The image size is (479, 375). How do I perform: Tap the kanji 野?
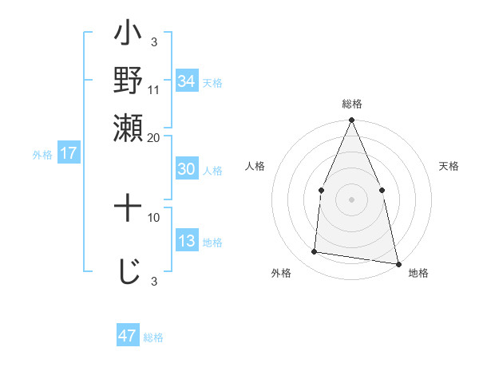(x=129, y=81)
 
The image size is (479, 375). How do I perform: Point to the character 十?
(x=129, y=210)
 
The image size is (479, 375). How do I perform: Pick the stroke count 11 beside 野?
(x=154, y=90)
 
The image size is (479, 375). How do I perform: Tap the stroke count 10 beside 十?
(x=154, y=217)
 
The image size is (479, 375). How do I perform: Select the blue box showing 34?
(x=187, y=81)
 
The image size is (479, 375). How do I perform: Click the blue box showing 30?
(x=187, y=169)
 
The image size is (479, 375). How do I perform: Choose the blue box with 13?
(x=187, y=241)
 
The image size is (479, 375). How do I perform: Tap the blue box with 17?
(x=68, y=153)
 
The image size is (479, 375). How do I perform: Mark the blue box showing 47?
(x=128, y=336)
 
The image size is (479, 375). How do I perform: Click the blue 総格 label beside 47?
(x=153, y=337)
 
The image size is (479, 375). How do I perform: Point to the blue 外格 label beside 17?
(x=42, y=155)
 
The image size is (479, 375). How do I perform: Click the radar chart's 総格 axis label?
(x=351, y=105)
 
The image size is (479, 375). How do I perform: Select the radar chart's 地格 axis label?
(x=418, y=274)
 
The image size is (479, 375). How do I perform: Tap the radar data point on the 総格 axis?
(x=351, y=120)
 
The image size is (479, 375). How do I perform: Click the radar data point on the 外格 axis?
(x=315, y=252)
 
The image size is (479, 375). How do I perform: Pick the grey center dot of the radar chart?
(x=351, y=199)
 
